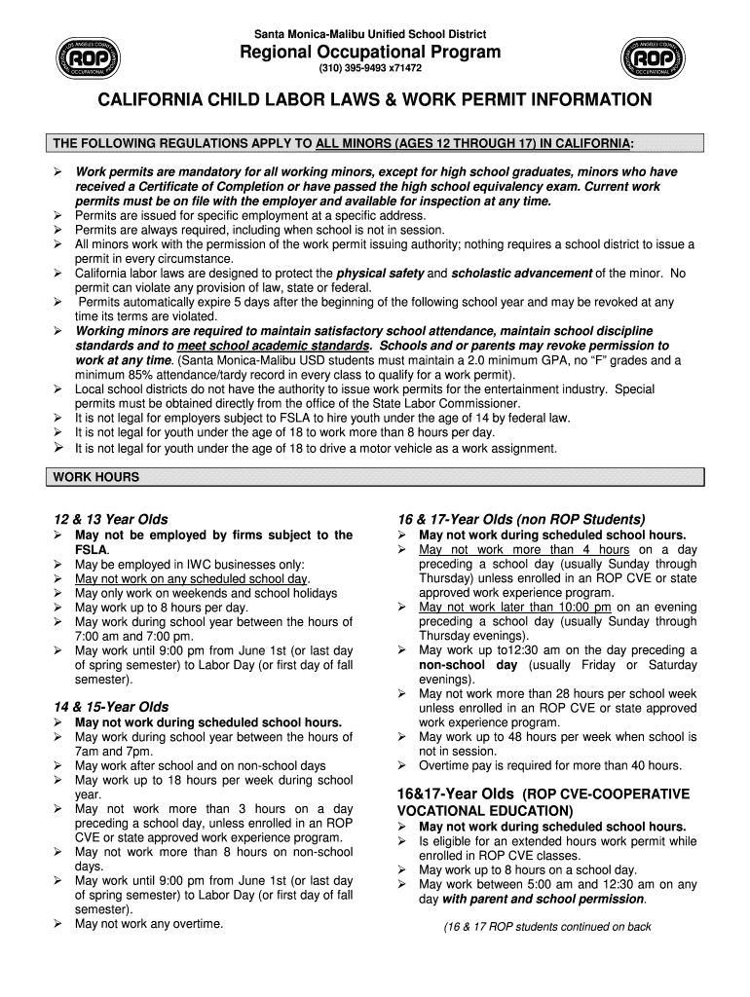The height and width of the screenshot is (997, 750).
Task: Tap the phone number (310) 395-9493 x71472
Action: coord(370,70)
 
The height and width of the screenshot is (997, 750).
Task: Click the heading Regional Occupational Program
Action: coord(371,53)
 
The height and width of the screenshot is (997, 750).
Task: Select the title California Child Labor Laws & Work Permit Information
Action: coord(374,100)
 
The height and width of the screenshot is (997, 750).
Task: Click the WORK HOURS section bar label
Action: coord(96,477)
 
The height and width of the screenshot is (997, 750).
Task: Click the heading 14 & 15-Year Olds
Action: coord(112,707)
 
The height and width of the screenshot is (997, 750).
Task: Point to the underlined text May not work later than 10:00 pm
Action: coord(515,608)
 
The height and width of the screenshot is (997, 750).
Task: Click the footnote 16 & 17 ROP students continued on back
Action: coord(546,927)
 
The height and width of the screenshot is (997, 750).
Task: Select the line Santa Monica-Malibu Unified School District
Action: coord(371,35)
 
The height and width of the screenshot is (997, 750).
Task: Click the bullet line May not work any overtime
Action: coord(149,923)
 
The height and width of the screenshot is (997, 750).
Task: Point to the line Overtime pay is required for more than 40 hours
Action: coord(550,766)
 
